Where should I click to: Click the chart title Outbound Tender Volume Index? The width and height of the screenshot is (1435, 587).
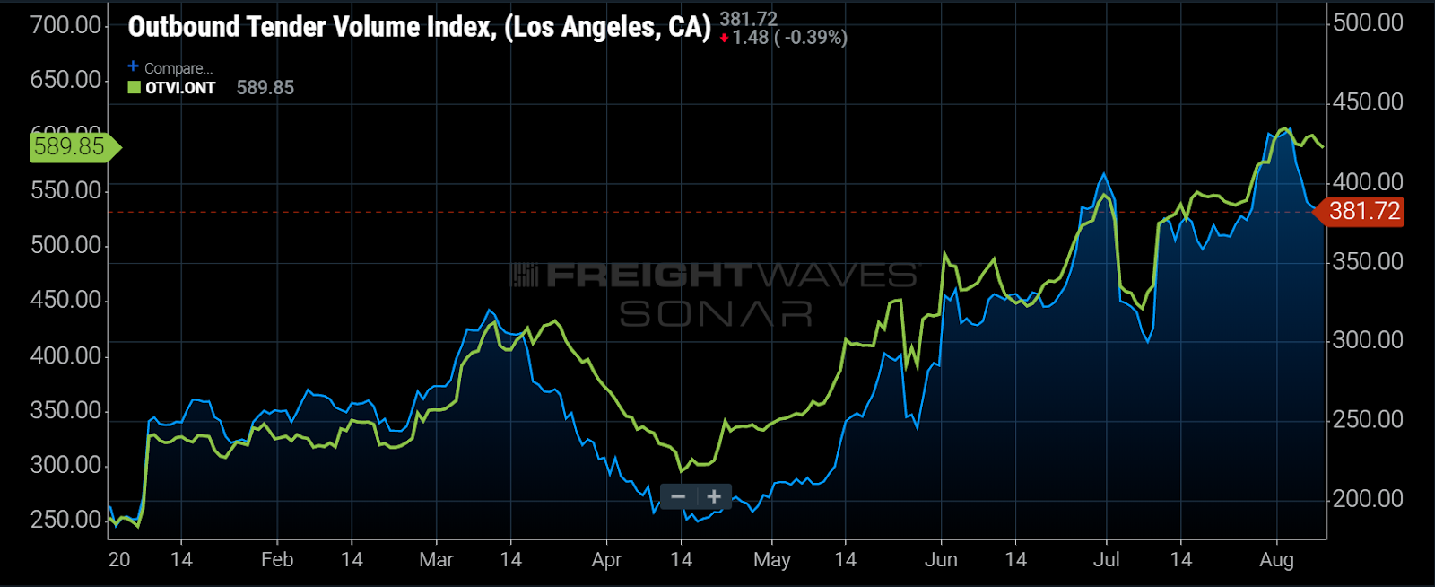pos(418,27)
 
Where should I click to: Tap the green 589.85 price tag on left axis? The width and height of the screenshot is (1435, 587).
pos(71,146)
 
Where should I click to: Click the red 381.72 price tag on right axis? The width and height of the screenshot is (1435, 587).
pos(1364,212)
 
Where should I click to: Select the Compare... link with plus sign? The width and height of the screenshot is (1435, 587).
pos(170,68)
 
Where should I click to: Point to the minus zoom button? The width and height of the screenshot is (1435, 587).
pos(678,496)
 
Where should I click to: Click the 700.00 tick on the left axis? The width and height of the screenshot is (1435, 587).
pos(65,25)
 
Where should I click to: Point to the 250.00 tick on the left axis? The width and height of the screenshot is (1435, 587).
pos(65,520)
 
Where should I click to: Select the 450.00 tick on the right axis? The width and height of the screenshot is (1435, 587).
pos(1368,102)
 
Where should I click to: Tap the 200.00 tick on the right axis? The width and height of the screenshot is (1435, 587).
pos(1368,499)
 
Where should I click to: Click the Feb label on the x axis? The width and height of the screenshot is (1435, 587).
pos(277,560)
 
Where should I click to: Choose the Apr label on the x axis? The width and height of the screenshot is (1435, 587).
pos(607,560)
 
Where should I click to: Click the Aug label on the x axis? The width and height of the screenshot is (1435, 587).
pos(1276,560)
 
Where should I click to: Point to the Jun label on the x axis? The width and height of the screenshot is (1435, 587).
pos(941,560)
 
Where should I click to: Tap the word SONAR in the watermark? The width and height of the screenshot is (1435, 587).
pos(716,314)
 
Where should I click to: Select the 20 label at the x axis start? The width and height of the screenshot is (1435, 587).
pos(118,560)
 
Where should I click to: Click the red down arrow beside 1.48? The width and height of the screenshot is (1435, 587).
pos(724,39)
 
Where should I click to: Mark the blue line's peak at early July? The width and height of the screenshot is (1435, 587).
pos(1104,174)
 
